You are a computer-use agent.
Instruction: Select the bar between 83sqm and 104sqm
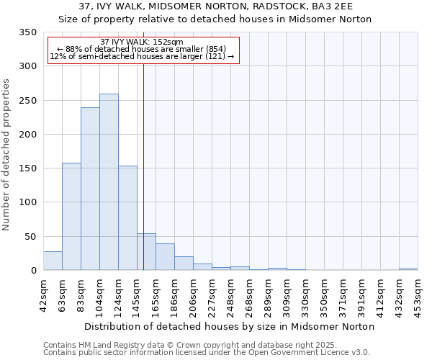[90, 189]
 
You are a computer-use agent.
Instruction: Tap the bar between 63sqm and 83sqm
[71, 216]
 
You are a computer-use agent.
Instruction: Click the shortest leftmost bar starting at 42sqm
[53, 261]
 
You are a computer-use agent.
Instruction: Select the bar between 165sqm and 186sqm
[165, 257]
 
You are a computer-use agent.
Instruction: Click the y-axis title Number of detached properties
[6, 155]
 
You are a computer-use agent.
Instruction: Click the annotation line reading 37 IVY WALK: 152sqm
[142, 42]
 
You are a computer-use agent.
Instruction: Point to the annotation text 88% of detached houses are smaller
[142, 49]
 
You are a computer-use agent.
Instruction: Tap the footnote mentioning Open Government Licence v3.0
[207, 353]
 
